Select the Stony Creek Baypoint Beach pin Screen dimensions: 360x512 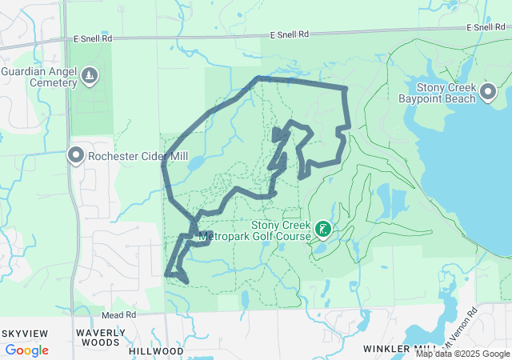coord(488,94)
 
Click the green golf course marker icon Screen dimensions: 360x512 coord(322,230)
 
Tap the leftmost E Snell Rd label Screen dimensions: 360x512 coord(94,38)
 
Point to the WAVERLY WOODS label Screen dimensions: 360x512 coord(100,338)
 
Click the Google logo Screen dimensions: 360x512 coord(26,350)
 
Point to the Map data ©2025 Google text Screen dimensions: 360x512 coord(463,354)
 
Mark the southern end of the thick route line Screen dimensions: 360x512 coord(187,282)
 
